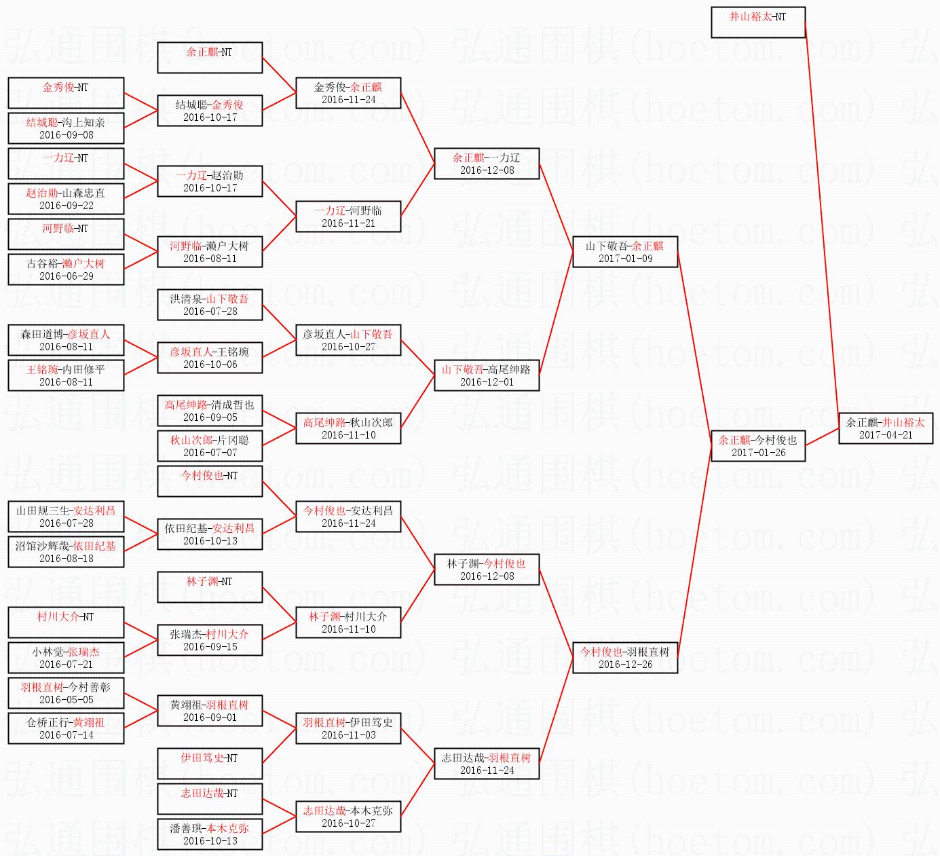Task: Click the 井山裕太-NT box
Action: tap(757, 22)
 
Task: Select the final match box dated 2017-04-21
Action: tap(885, 428)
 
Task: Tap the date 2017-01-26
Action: tap(758, 453)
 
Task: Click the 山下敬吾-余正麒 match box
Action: tap(625, 252)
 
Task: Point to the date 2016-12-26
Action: tap(625, 665)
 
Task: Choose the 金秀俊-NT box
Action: tap(66, 93)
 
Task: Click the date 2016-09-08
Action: tap(66, 135)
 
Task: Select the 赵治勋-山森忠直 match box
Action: tap(66, 199)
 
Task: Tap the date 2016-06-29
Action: tap(66, 276)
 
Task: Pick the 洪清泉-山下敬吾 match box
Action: tap(210, 305)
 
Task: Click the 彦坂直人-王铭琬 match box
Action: tap(210, 358)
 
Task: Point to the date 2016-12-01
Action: tap(487, 382)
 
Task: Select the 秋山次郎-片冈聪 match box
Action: tap(210, 446)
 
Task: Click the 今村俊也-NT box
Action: tap(210, 481)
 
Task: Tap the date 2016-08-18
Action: tap(66, 559)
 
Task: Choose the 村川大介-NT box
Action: tap(66, 622)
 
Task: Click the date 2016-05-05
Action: tap(66, 700)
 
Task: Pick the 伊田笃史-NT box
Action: tap(210, 764)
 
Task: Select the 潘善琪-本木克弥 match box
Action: tap(210, 834)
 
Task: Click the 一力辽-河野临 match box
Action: tap(348, 217)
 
